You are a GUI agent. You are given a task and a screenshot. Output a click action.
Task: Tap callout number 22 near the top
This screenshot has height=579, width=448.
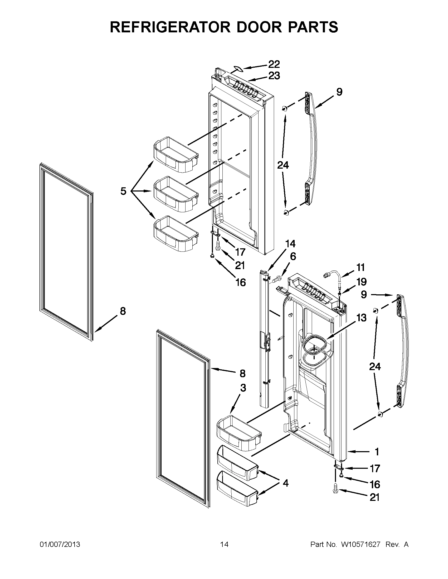coord(274,64)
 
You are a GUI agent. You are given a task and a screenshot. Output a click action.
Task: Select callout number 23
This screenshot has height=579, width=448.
coord(274,76)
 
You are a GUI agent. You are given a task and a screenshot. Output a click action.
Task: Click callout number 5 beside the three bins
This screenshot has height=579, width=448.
coord(123,191)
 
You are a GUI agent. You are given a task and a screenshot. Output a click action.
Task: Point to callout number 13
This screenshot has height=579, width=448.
coord(361,317)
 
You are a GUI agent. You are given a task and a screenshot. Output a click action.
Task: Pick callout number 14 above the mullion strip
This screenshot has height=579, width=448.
coord(290,244)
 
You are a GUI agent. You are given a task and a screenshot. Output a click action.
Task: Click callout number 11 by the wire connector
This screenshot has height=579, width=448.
coord(360,268)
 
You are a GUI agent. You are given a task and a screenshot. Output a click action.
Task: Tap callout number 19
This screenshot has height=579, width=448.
coord(361,282)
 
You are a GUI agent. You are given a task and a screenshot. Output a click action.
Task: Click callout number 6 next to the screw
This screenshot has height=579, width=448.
coord(293,256)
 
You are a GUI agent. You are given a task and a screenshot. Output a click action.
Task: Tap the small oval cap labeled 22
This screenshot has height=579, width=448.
coord(237,69)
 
